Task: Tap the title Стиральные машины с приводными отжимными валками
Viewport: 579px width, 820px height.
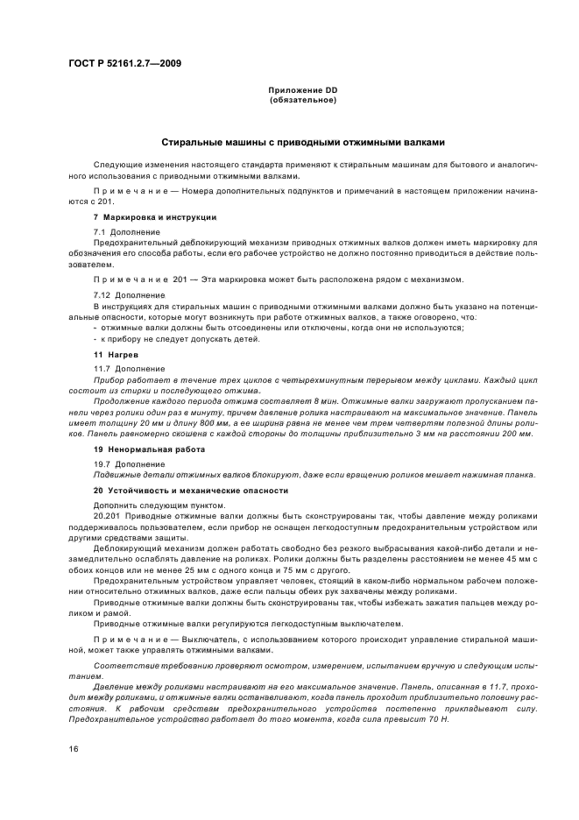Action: (x=303, y=142)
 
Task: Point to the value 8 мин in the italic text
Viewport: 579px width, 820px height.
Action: (x=306, y=400)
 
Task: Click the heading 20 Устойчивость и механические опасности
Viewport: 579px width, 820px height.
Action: (x=190, y=491)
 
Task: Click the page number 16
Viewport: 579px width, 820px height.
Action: (x=74, y=749)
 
